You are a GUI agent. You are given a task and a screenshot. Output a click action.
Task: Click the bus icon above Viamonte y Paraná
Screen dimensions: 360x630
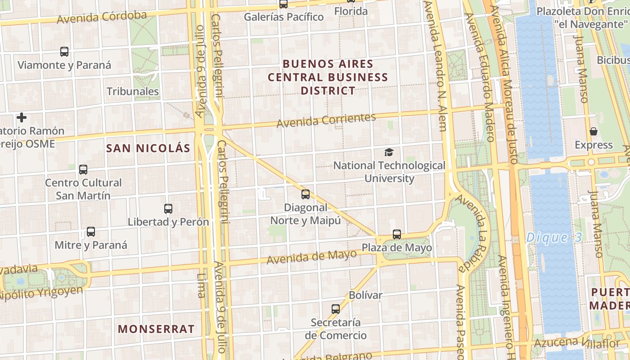64,52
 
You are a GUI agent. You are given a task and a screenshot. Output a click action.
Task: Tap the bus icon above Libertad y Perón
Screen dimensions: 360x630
168,209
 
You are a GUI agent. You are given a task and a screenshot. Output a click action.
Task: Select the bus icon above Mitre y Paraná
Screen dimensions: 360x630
91,232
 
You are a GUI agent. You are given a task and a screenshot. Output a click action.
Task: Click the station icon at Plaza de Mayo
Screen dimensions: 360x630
396,234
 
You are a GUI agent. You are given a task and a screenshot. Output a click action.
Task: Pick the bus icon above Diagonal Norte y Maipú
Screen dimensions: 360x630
306,194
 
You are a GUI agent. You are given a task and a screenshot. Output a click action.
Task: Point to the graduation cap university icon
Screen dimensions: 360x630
389,153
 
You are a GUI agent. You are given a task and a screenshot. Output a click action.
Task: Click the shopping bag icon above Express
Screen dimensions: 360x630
594,131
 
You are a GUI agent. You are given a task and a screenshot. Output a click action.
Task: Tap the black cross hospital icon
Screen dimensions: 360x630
21,118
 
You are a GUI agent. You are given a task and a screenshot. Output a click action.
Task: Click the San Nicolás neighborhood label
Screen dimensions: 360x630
148,148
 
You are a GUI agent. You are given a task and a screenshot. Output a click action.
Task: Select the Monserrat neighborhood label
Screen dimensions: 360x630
156,329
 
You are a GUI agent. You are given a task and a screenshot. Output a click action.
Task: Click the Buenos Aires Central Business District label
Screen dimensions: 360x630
328,77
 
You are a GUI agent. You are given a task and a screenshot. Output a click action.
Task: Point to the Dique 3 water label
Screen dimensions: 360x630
554,237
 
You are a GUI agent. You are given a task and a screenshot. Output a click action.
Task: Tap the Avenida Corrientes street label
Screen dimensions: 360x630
326,120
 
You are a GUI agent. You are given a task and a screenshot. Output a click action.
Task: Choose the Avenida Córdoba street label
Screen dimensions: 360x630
102,18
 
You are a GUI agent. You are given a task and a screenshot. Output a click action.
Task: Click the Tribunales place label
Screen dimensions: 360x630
133,91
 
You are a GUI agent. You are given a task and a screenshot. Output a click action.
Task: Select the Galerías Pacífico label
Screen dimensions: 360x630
283,17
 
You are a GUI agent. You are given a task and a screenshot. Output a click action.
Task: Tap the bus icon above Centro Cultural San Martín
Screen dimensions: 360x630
83,170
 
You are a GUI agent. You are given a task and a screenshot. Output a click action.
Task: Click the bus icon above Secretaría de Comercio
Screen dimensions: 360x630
336,309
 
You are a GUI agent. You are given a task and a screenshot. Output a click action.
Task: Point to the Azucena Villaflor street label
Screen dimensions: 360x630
577,343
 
